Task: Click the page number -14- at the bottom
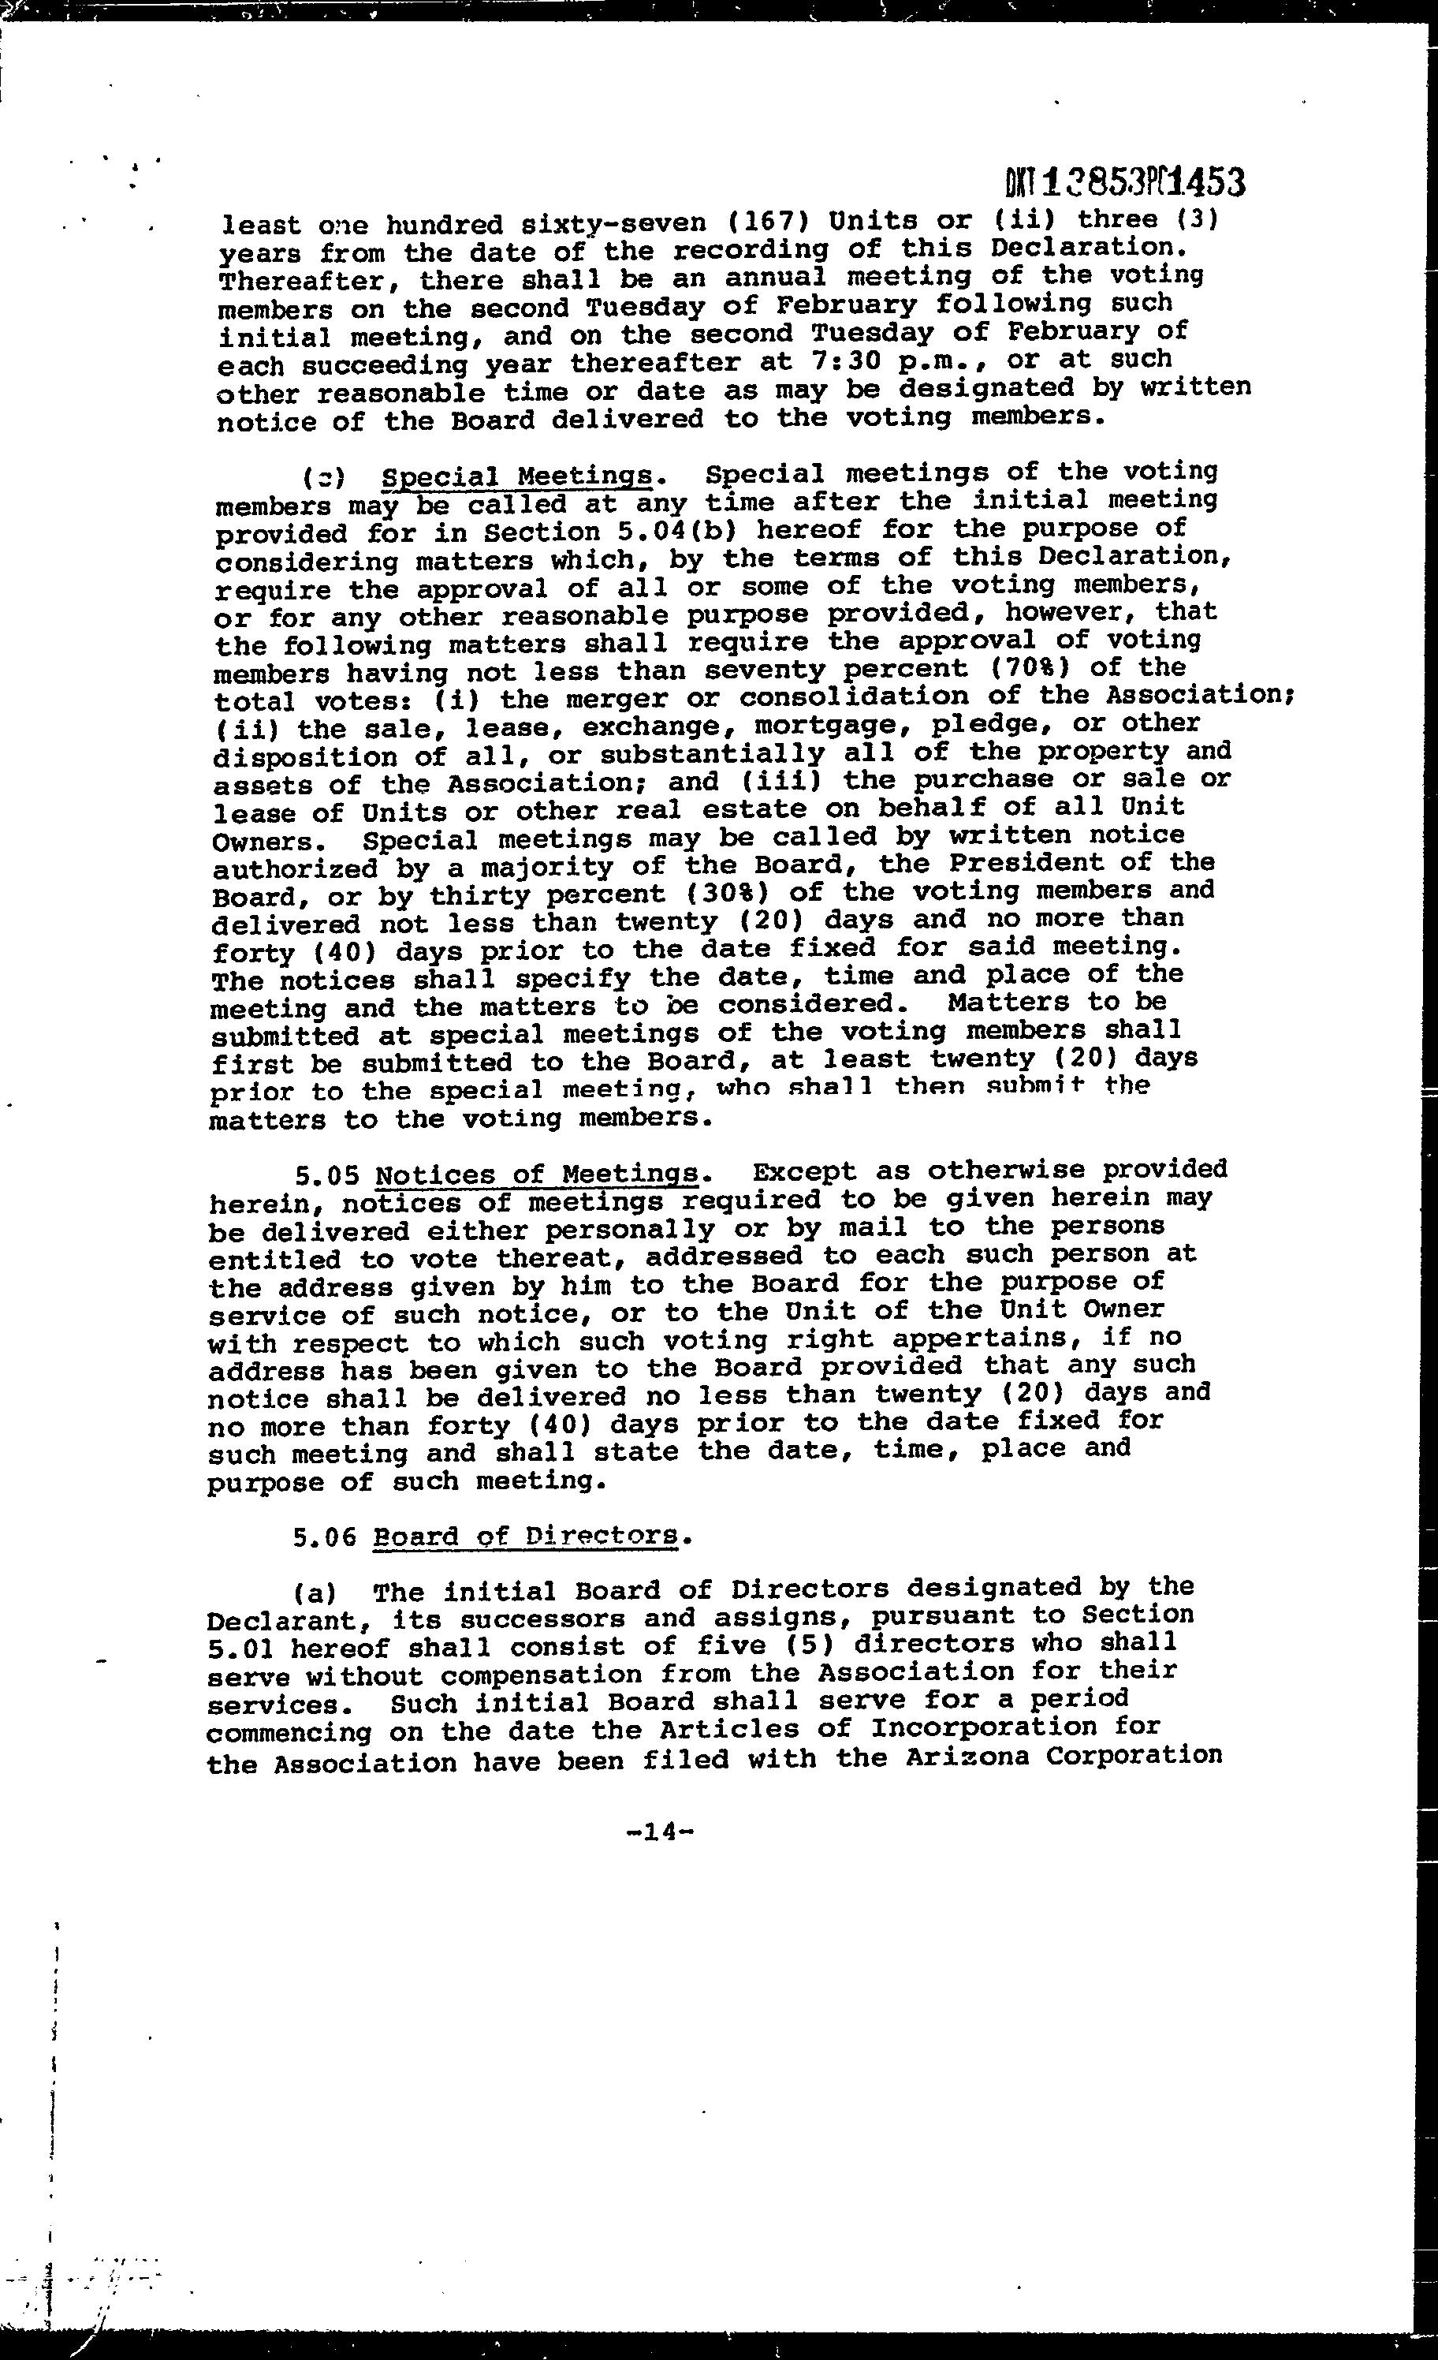[x=658, y=1832]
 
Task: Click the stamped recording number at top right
[x=1126, y=181]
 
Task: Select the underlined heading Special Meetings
[x=517, y=476]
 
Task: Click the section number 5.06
[x=326, y=1537]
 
